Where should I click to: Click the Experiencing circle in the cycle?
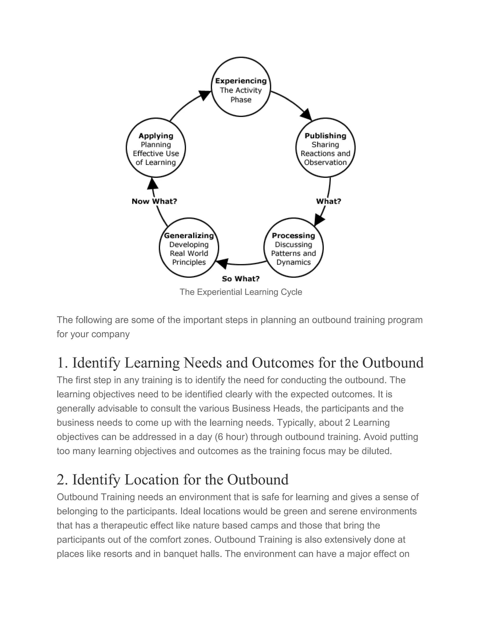click(241, 87)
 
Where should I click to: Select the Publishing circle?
click(325, 148)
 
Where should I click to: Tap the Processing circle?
click(293, 248)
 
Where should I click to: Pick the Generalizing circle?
click(189, 248)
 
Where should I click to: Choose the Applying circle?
click(156, 148)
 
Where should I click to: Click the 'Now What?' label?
click(154, 201)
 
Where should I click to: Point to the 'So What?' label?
click(241, 279)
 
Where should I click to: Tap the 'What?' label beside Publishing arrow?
click(328, 201)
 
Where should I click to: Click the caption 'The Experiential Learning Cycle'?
click(241, 292)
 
